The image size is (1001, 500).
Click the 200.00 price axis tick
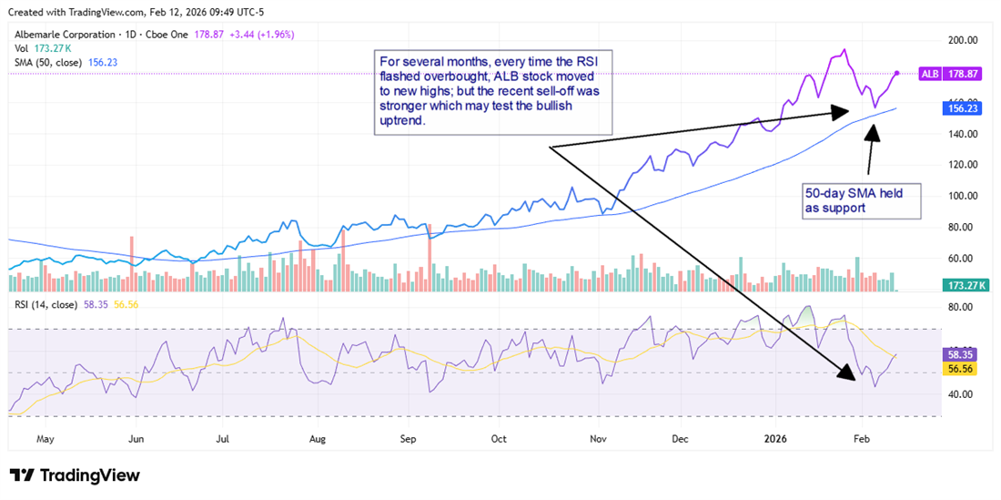coord(963,41)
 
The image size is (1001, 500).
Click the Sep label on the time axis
coord(408,438)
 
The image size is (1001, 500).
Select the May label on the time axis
coord(45,438)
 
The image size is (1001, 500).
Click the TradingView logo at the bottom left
coord(75,475)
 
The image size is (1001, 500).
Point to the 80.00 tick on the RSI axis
coord(963,308)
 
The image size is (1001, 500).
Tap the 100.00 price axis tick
coord(963,196)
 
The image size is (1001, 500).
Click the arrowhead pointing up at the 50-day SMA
coord(873,128)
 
